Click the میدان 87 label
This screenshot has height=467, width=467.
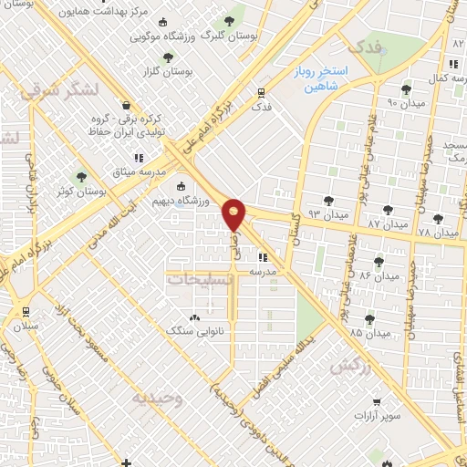tap(387, 223)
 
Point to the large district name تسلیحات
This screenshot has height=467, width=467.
tap(200, 279)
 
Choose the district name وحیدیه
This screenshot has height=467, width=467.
tap(157, 398)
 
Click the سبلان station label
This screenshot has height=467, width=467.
tap(25, 326)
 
